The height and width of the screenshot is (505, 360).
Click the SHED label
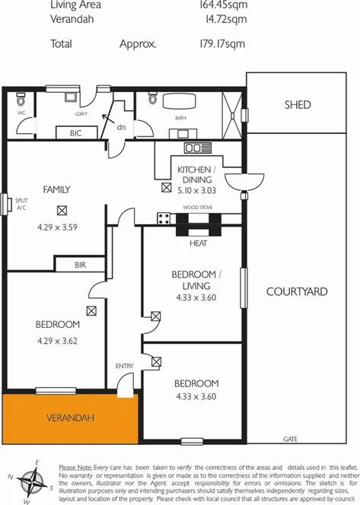tap(297, 105)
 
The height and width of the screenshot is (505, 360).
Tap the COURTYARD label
tap(297, 291)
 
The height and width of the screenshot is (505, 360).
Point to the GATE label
tap(290, 440)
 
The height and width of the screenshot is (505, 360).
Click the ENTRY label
tap(124, 367)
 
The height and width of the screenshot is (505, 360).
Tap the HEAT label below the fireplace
tap(198, 243)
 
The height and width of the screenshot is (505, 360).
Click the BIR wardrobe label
tap(81, 265)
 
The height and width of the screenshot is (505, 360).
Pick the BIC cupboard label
tap(76, 132)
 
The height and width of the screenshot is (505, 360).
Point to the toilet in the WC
tap(21, 100)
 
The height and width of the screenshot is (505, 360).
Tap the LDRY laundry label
tap(81, 114)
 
